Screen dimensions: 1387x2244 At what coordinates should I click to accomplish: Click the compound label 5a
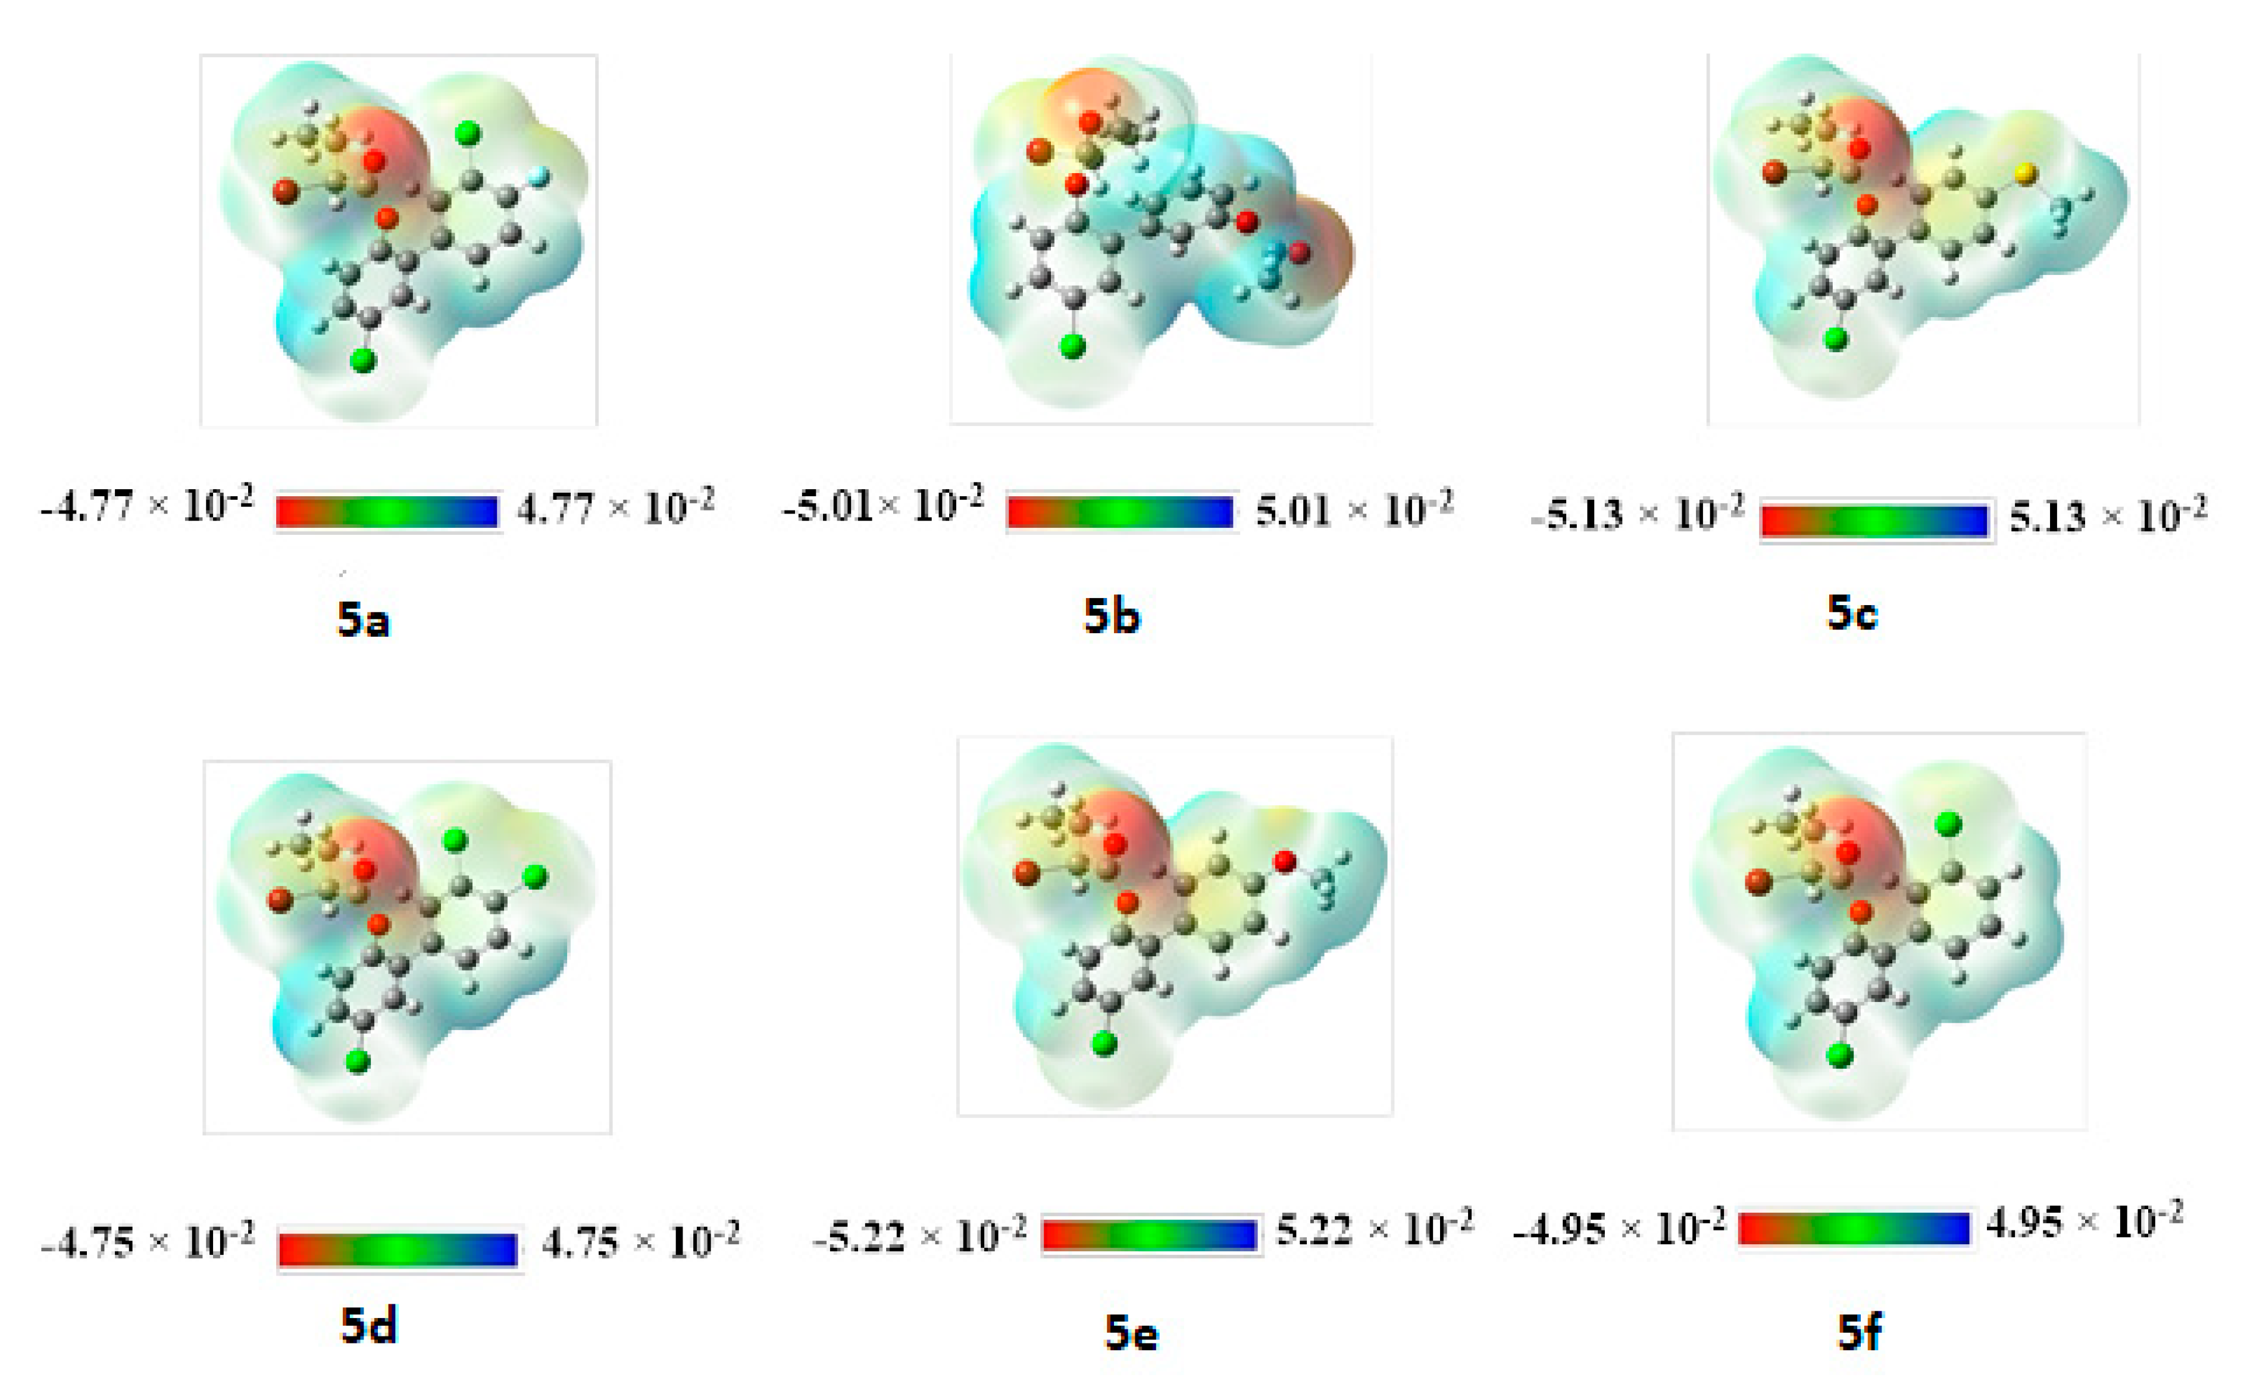[364, 621]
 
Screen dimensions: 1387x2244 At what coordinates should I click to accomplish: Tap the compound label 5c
[1851, 613]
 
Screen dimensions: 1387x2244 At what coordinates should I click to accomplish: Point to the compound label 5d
[369, 1326]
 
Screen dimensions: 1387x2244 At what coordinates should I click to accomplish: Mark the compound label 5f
[1858, 1332]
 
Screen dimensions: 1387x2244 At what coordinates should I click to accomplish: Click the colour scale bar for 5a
[387, 512]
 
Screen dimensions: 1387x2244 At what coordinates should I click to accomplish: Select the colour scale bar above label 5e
[1150, 1235]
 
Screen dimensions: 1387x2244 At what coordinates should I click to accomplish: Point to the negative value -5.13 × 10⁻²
[1638, 515]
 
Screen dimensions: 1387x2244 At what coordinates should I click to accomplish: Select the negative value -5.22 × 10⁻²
[919, 1236]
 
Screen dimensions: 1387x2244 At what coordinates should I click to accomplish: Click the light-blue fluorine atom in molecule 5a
[540, 175]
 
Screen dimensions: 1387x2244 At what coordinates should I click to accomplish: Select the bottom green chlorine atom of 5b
[1072, 346]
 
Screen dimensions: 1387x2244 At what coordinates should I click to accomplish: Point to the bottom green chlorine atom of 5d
[358, 1062]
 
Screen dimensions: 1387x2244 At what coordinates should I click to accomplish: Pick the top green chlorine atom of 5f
[1948, 824]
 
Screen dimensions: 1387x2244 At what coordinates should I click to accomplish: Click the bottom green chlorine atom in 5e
[1104, 1043]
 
